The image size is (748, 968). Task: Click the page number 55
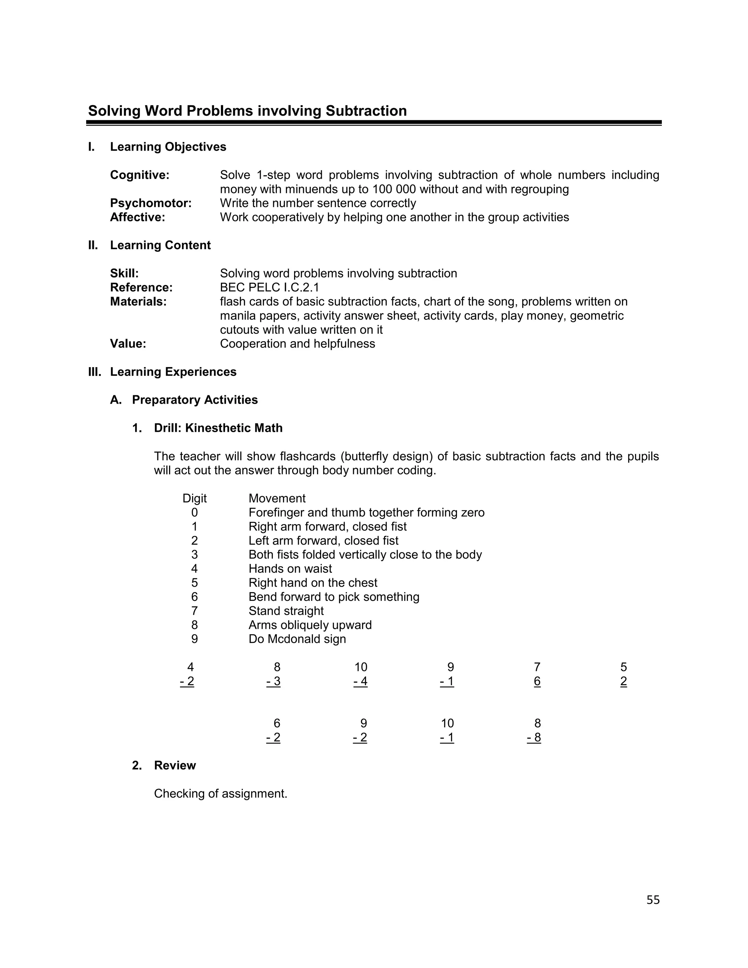[653, 900]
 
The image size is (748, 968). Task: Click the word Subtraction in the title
[366, 111]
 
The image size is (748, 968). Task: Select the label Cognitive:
[140, 175]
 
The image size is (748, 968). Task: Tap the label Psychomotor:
[151, 203]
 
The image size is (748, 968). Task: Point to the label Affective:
[137, 217]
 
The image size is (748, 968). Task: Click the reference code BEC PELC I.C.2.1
[270, 287]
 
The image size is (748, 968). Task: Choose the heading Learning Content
[160, 245]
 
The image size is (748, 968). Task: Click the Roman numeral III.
[94, 372]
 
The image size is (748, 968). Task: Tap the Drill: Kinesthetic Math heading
[218, 428]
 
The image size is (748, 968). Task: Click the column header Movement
[277, 499]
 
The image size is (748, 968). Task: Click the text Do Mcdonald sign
[297, 639]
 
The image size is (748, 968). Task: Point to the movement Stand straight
[286, 611]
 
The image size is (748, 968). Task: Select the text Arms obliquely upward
[310, 625]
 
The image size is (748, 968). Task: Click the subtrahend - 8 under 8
[534, 738]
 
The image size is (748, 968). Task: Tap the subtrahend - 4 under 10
[360, 682]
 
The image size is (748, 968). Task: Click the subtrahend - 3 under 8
[274, 682]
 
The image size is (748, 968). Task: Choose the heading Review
[175, 765]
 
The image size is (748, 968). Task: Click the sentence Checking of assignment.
[220, 794]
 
